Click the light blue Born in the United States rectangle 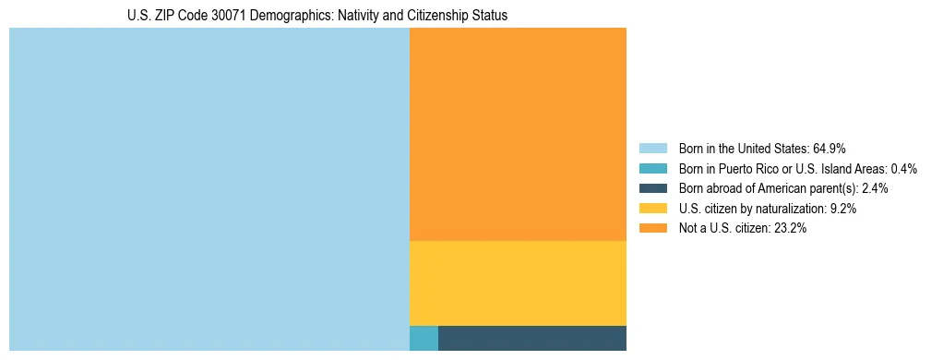209,189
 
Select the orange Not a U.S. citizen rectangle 518,134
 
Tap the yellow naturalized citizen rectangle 518,282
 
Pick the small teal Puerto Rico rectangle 424,338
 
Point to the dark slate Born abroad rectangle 532,338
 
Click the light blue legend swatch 652,148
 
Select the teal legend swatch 652,168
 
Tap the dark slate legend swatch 652,188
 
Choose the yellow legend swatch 652,209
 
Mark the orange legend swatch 652,229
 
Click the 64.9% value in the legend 829,148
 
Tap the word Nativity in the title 364,16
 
